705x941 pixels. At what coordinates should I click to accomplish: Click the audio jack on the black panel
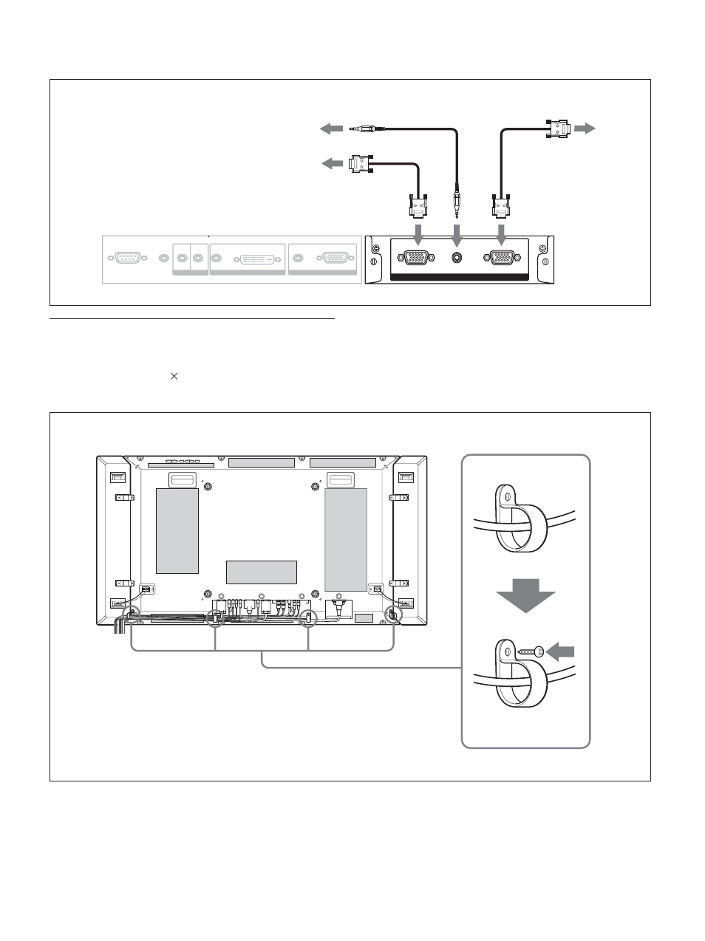pos(457,259)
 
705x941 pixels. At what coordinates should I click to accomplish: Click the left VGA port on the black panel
pos(416,259)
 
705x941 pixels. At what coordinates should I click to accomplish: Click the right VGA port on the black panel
pos(500,259)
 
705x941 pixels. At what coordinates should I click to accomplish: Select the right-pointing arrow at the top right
pos(585,129)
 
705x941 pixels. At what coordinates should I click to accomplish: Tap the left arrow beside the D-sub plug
pos(332,163)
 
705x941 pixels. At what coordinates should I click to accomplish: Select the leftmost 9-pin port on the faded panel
pos(129,259)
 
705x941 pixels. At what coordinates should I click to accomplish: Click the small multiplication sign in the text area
pos(174,376)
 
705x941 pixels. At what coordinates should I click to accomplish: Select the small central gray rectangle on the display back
pos(261,572)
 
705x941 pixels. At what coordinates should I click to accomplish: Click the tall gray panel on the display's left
pos(177,530)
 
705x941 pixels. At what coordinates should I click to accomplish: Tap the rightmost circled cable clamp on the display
pos(392,614)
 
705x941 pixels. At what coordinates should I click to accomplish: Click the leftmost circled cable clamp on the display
pos(132,614)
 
